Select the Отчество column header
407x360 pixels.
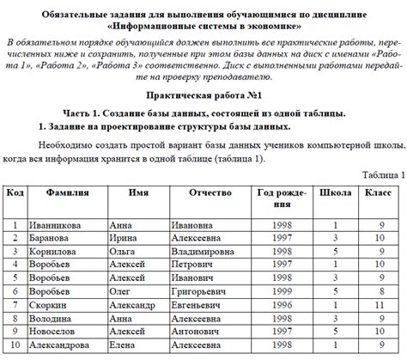point(210,193)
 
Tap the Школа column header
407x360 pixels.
point(335,193)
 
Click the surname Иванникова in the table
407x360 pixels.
point(55,225)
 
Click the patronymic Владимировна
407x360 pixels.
point(209,253)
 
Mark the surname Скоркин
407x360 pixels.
point(48,305)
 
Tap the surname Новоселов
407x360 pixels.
point(53,332)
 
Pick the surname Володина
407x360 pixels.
point(51,319)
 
